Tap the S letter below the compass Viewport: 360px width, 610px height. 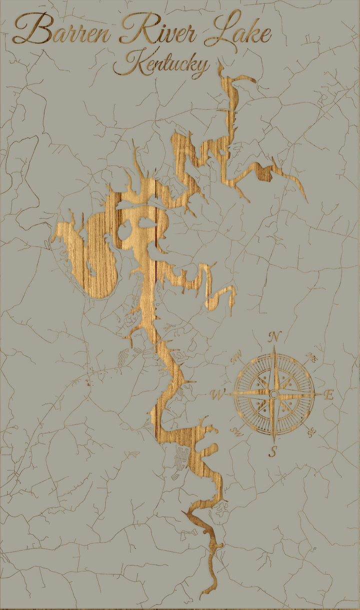(x=273, y=451)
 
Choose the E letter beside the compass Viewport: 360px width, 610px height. (x=328, y=394)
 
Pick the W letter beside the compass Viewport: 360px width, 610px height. (x=218, y=394)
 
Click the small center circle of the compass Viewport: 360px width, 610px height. (x=274, y=394)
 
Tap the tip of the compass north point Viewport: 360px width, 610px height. (x=274, y=346)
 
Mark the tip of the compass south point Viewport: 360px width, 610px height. (x=274, y=442)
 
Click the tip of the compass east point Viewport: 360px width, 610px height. (x=321, y=394)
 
